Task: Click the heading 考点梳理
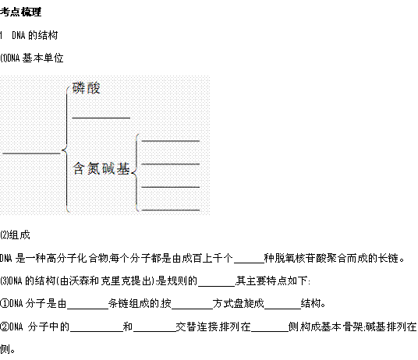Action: point(20,12)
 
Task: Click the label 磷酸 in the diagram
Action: point(87,88)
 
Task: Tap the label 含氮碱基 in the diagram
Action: point(101,168)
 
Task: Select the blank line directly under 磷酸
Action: point(101,118)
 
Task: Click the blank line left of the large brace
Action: point(31,154)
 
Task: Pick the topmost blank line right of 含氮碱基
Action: point(171,141)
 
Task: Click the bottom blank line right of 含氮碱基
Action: point(171,210)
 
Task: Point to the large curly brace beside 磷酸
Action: point(66,150)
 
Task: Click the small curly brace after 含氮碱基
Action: point(136,173)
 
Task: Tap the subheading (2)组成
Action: point(15,235)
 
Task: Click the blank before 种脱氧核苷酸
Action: point(249,263)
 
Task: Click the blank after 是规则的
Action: point(217,286)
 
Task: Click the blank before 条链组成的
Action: point(87,309)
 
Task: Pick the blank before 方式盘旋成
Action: point(192,309)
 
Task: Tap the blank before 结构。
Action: point(282,309)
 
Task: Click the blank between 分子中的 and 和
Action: point(96,331)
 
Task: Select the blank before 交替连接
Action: point(154,331)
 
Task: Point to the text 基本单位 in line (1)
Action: point(43,58)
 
